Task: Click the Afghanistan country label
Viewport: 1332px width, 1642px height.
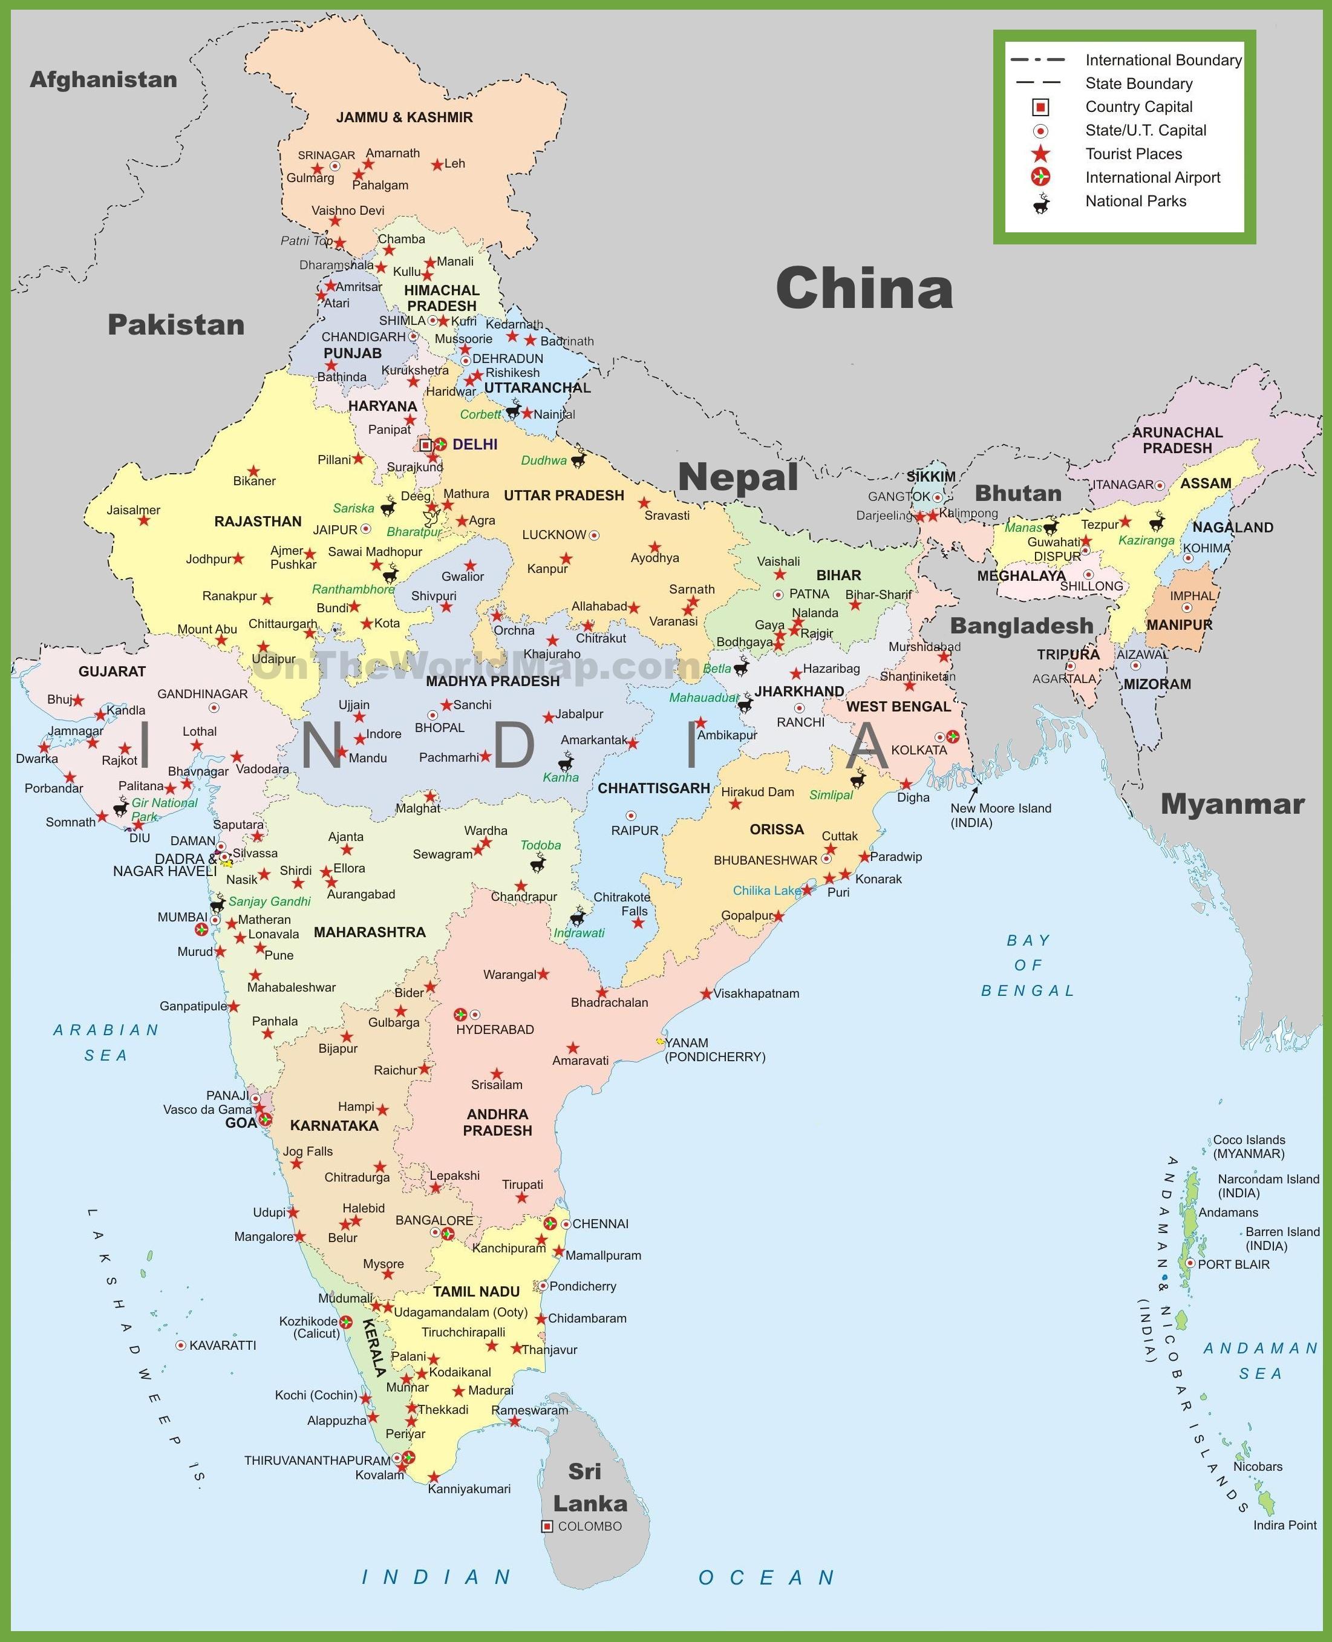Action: point(103,80)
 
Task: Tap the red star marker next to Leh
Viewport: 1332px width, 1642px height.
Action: point(437,164)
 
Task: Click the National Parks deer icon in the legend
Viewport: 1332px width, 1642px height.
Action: point(1041,203)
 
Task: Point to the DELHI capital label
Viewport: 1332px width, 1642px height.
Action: point(475,444)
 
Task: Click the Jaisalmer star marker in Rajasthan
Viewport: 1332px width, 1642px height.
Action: point(143,520)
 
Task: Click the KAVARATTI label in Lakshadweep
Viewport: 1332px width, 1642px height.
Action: point(223,1346)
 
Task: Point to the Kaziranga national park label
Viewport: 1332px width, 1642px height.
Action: point(1146,540)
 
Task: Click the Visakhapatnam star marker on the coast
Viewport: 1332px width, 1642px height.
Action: point(706,993)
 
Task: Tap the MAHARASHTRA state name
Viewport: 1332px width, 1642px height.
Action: point(369,932)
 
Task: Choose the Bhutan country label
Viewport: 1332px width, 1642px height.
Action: point(1018,493)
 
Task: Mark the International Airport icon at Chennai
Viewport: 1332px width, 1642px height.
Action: point(549,1224)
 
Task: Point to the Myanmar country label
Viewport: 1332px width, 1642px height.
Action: point(1232,804)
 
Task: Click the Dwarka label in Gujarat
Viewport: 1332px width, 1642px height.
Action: point(37,759)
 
